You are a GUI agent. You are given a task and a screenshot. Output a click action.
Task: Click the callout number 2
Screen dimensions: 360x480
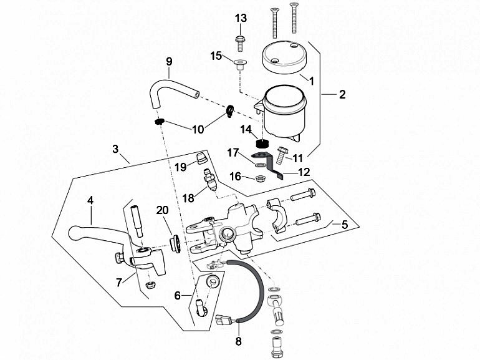coord(342,95)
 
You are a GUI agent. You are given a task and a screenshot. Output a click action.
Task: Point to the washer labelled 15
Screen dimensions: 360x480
coord(239,62)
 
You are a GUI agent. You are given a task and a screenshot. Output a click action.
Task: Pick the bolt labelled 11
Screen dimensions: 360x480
coord(281,152)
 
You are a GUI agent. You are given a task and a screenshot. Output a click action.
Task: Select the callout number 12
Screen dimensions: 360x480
coord(304,171)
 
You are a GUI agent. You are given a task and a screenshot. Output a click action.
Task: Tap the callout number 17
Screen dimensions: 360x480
coord(233,152)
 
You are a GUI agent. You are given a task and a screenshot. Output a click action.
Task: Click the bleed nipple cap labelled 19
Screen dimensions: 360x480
coord(201,156)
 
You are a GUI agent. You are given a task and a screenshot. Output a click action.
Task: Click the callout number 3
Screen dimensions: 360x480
coord(115,149)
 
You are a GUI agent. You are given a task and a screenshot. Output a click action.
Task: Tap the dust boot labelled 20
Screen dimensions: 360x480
coord(175,241)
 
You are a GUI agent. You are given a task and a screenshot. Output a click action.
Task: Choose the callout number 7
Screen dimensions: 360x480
coord(119,283)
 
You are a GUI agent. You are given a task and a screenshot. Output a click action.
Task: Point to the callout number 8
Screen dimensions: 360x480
coord(238,341)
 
